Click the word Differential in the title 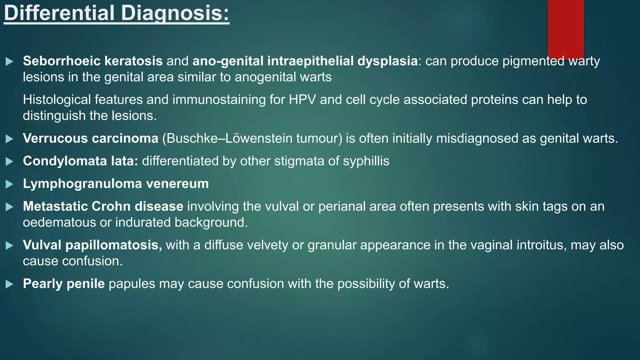point(59,13)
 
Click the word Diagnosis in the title point(175,13)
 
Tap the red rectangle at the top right point(566,28)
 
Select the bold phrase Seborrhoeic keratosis point(92,61)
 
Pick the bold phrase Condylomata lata point(80,161)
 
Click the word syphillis point(366,161)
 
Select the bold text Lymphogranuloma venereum point(116,184)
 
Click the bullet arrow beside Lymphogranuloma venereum point(9,184)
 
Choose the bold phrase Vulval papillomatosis point(92,245)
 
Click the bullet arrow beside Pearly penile point(9,284)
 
